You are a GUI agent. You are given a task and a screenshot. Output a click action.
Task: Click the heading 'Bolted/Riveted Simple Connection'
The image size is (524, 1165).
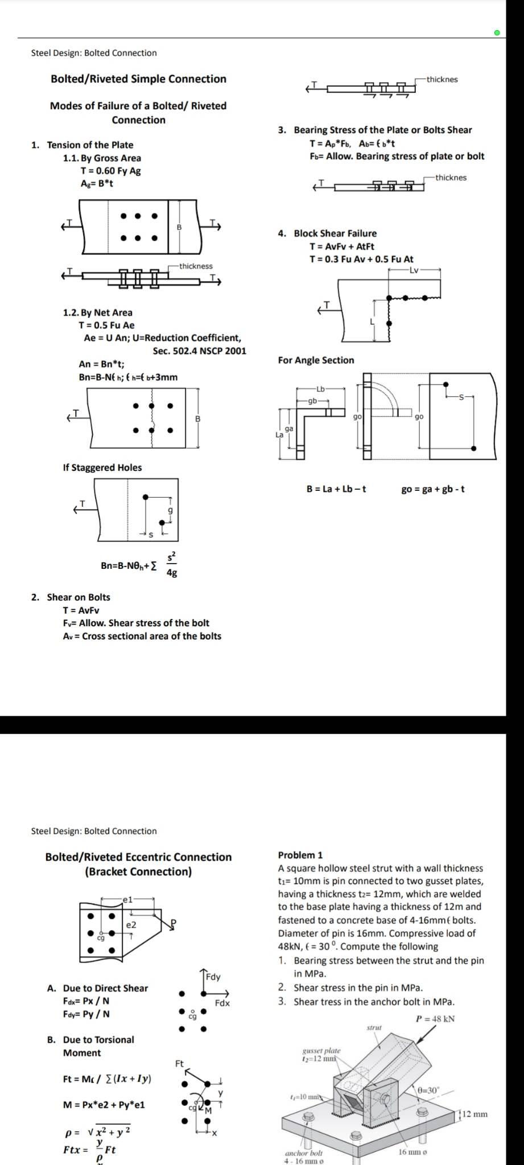coord(138,79)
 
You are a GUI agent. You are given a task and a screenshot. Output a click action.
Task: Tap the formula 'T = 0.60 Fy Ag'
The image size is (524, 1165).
coord(111,171)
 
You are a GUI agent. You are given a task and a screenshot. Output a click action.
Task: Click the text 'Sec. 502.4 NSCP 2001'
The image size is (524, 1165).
coord(199,350)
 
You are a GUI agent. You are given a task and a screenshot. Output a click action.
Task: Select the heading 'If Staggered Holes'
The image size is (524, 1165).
coord(102,468)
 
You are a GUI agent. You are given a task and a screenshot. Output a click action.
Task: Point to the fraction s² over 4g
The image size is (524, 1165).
coord(172,564)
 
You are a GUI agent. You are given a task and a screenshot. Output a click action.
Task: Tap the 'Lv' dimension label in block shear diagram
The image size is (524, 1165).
coord(414,271)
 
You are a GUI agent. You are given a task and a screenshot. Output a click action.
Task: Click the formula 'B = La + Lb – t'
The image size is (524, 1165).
coord(336,489)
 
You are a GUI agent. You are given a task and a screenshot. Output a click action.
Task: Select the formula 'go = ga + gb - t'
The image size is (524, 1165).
coord(433,489)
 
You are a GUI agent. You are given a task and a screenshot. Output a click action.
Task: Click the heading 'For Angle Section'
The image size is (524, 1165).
coord(316,360)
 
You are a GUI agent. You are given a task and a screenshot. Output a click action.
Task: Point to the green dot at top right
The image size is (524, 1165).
coord(497,33)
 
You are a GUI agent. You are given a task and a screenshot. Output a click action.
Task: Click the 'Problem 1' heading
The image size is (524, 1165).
coord(300,855)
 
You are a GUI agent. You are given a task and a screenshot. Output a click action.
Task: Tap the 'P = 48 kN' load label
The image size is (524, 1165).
coord(435,1019)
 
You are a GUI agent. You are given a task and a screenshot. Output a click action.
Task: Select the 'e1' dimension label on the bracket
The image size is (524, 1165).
coord(127,899)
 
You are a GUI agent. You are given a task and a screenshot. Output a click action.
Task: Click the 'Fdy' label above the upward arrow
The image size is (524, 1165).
coord(213,977)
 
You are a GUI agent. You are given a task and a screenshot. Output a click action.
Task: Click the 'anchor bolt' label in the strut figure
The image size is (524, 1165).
coord(304,1153)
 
